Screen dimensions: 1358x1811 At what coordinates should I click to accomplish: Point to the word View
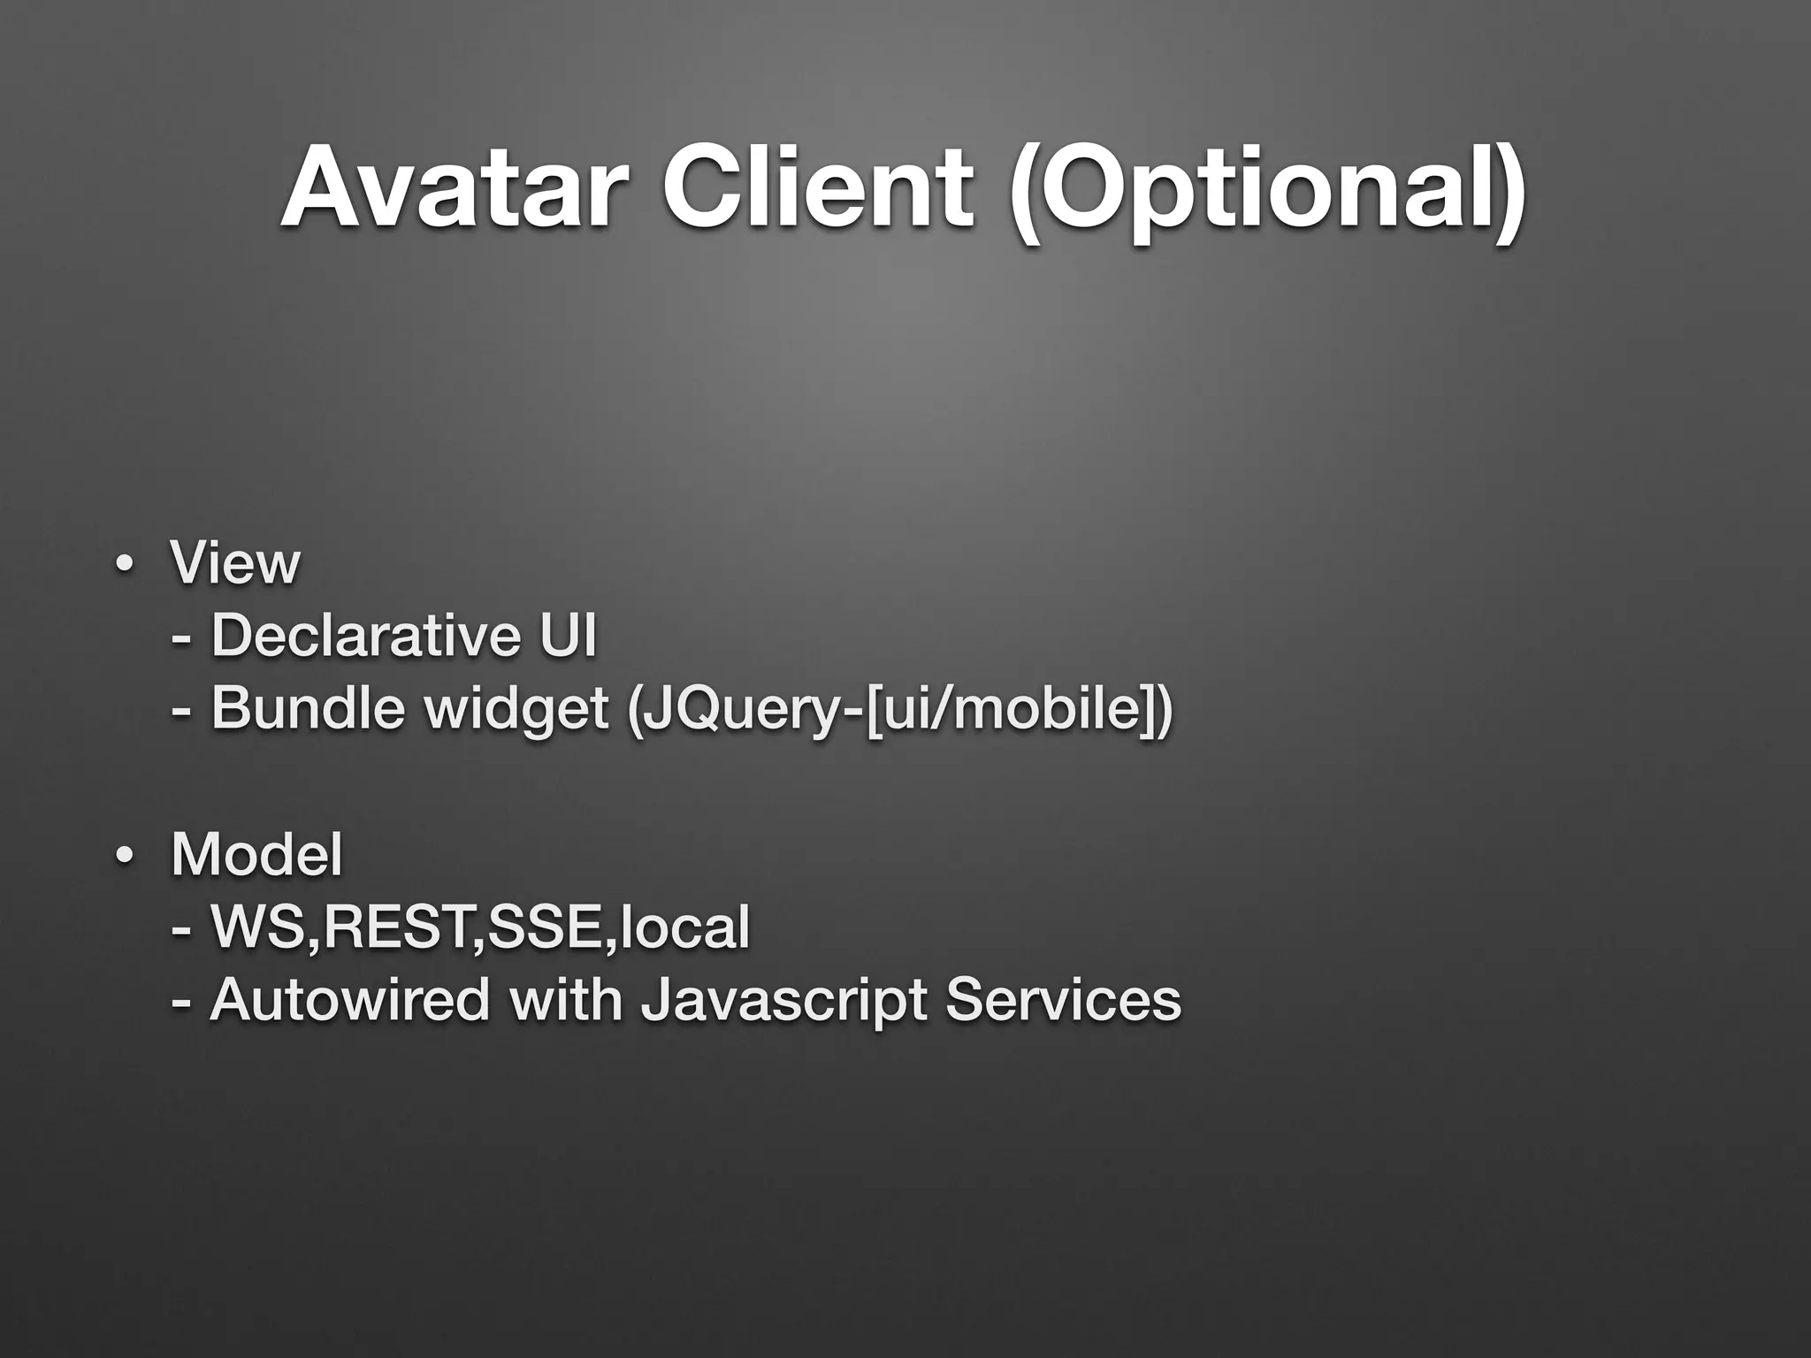point(235,562)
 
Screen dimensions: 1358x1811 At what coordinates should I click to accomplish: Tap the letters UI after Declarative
point(567,636)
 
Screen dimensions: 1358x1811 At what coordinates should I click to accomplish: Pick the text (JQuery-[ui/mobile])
point(898,713)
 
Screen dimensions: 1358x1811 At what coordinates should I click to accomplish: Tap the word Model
point(256,855)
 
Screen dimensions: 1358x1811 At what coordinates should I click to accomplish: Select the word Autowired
point(350,1001)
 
